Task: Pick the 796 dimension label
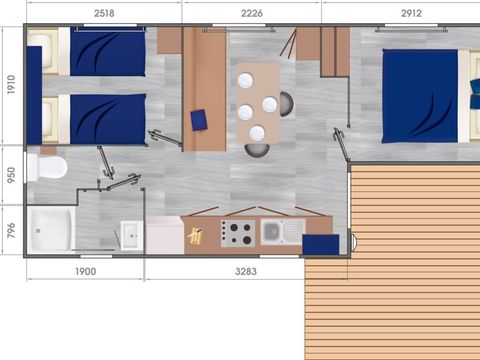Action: click(x=10, y=229)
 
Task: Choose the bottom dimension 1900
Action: click(x=85, y=271)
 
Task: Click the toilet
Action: click(x=47, y=165)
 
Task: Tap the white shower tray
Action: click(x=52, y=229)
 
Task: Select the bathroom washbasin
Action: click(x=131, y=236)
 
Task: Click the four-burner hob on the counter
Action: click(x=238, y=233)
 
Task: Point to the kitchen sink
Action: click(x=273, y=232)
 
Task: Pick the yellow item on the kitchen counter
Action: click(x=196, y=235)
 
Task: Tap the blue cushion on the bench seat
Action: click(x=198, y=119)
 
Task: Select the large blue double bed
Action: click(x=420, y=96)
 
